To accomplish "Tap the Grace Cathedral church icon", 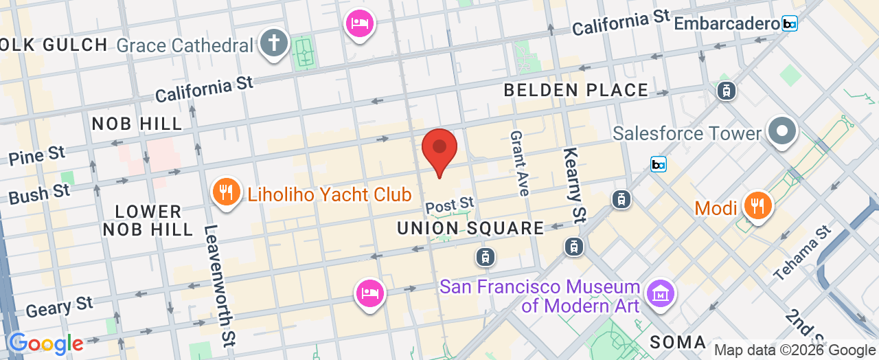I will point(273,43).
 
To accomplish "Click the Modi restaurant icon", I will point(758,205).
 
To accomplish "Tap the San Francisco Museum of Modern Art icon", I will point(660,293).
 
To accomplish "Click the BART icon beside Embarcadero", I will point(790,23).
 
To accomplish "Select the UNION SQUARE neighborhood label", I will point(470,228).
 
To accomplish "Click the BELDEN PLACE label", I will point(576,90).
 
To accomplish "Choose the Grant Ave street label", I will point(519,164).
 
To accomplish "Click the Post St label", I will point(450,204).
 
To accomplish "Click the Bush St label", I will point(39,194).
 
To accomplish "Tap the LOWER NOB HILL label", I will point(148,220).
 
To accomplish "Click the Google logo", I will point(45,344).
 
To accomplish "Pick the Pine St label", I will point(37,155).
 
